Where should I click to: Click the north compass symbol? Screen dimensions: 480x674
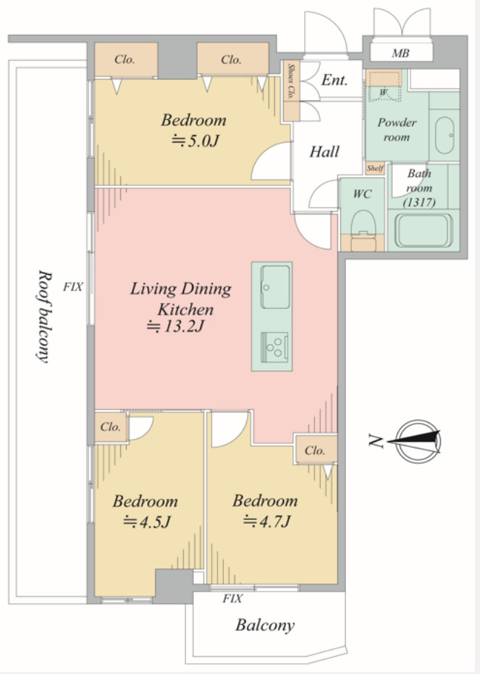[x=418, y=441]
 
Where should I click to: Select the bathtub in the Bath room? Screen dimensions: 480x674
[x=424, y=231]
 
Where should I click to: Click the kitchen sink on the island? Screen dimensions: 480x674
[x=275, y=286]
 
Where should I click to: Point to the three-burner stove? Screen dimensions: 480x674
[x=274, y=347]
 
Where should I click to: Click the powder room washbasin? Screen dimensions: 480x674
[x=445, y=135]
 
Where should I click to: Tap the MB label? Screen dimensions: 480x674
[x=400, y=54]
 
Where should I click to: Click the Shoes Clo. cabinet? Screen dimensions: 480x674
[x=292, y=90]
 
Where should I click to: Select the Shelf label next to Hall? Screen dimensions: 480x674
[x=374, y=168]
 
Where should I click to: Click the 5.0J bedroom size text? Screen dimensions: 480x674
[x=195, y=140]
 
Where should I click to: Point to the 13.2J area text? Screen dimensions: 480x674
[x=175, y=327]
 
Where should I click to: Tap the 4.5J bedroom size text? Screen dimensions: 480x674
[x=147, y=522]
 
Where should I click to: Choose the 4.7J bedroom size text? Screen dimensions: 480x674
[x=267, y=521]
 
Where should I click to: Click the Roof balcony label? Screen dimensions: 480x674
[x=43, y=316]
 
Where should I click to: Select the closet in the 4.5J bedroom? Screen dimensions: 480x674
[x=111, y=427]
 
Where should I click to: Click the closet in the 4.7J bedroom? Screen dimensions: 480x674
[x=316, y=450]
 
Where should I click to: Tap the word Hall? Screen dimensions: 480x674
[x=324, y=152]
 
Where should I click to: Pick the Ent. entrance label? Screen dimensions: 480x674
[x=334, y=80]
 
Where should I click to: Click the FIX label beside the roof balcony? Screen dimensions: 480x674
[x=72, y=286]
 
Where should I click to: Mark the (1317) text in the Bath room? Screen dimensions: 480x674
[x=419, y=202]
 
